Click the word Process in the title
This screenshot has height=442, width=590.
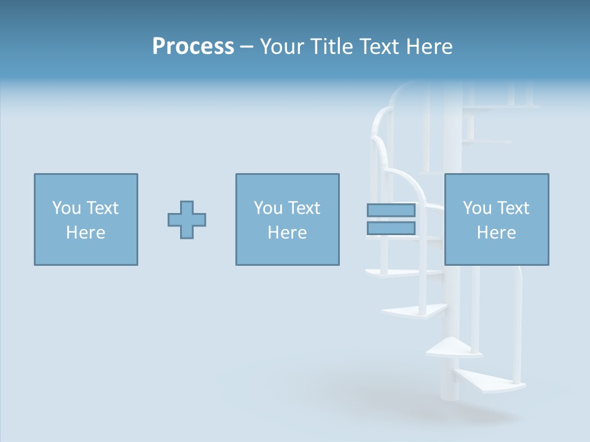pos(193,47)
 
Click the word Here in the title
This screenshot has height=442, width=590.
pos(431,47)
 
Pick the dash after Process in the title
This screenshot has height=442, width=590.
pos(246,47)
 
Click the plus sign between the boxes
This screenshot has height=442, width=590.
pos(187,220)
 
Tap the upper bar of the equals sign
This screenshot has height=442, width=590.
pos(391,210)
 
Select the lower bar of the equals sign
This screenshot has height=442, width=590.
pos(391,228)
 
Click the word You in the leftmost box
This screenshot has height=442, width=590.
pos(66,208)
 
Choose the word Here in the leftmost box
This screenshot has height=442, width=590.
pos(85,233)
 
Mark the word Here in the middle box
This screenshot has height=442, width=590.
pos(287,233)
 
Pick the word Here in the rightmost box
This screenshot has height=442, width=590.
pos(496,233)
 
